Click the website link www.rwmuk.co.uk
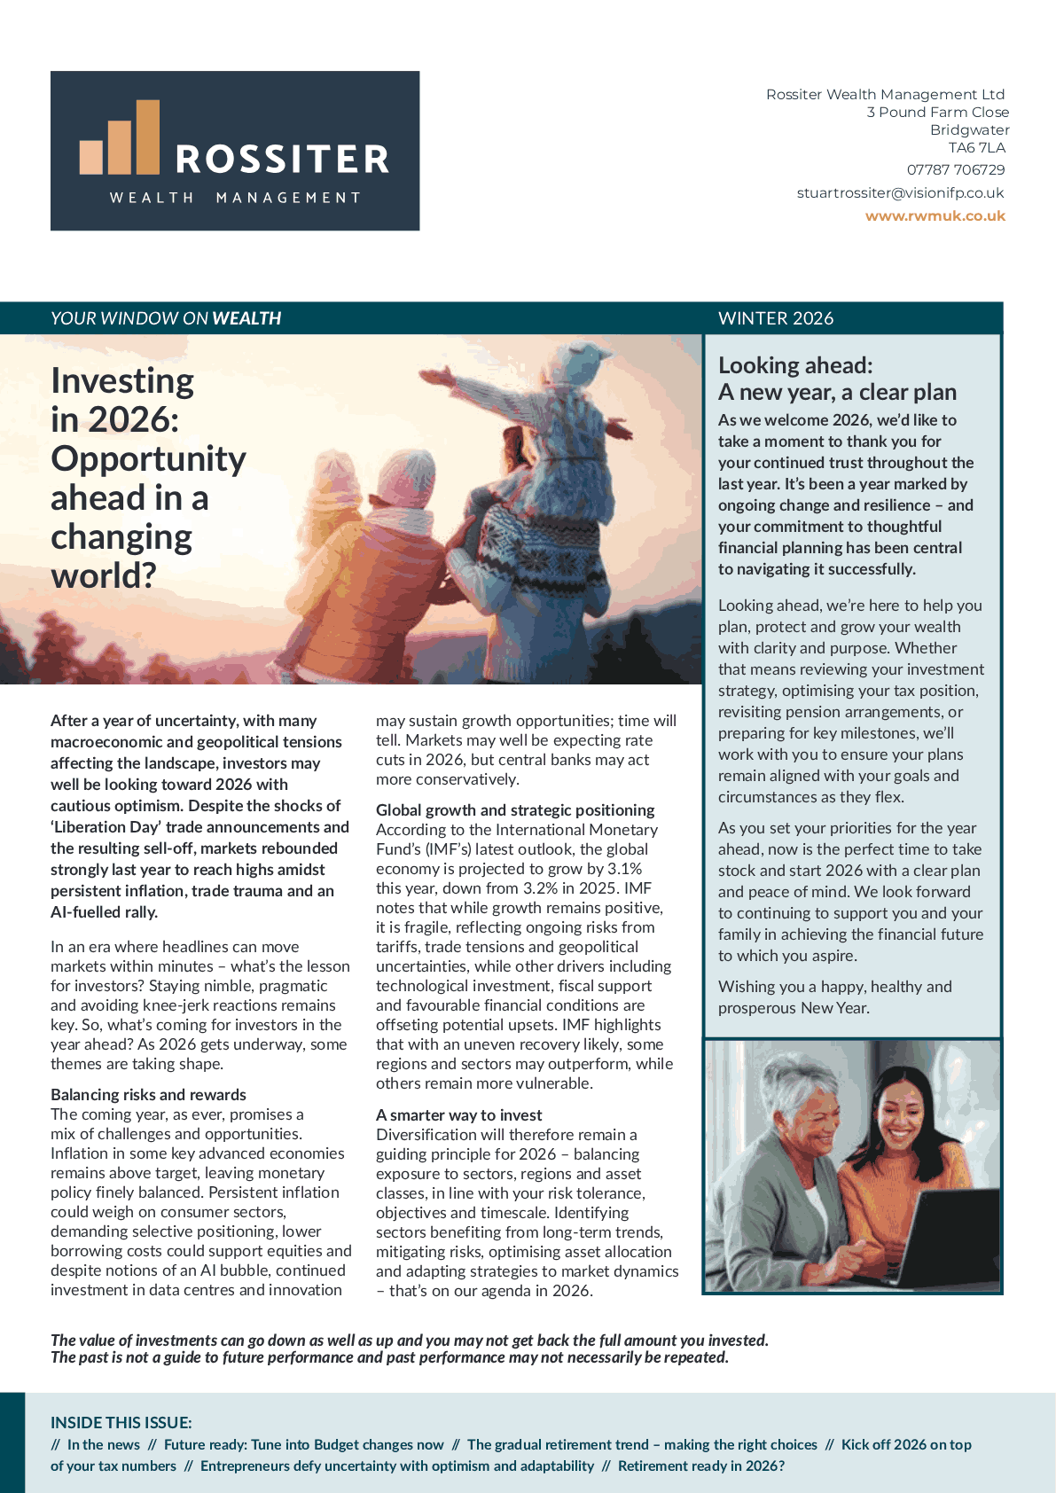(x=935, y=215)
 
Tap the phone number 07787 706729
(x=956, y=169)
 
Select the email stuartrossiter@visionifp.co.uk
(x=900, y=192)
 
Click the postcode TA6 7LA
(x=977, y=147)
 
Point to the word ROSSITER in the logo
(x=282, y=160)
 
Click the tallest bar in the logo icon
(x=147, y=137)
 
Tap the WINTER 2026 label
(x=776, y=318)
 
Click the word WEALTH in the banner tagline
(x=246, y=318)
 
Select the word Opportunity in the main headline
(x=148, y=458)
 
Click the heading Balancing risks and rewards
(x=148, y=1094)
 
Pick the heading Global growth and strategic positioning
(x=515, y=809)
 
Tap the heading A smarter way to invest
(x=458, y=1114)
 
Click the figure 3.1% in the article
(x=624, y=868)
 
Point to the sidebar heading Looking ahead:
(x=795, y=365)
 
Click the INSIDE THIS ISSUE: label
(x=121, y=1422)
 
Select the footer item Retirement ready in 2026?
(x=701, y=1466)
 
